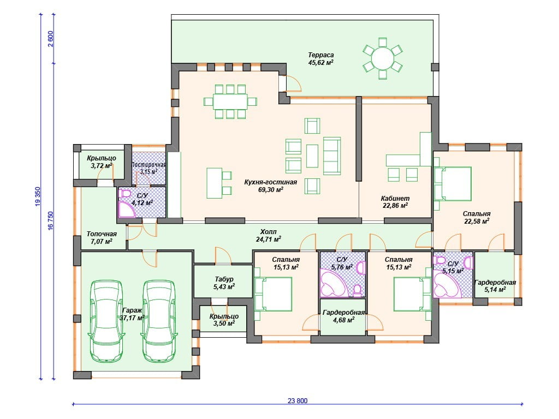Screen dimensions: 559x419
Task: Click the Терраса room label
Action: pos(321,55)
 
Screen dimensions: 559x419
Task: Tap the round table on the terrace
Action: pos(383,58)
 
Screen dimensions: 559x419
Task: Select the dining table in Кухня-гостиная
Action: pos(230,101)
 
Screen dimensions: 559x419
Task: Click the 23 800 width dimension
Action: pos(298,401)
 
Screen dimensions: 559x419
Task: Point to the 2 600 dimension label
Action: pos(50,39)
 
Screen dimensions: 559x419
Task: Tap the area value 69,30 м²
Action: pos(271,189)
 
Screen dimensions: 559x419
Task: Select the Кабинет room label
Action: pos(395,198)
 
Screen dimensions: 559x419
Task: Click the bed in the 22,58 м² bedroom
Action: pos(453,184)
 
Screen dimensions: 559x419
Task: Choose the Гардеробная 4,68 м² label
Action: pos(343,316)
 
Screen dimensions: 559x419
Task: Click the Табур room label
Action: pos(224,279)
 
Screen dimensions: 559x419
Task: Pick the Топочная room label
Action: pos(102,234)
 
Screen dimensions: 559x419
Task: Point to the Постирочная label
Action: pos(148,165)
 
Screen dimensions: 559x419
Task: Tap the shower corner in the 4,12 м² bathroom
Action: pos(127,209)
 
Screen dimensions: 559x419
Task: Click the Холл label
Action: pos(268,231)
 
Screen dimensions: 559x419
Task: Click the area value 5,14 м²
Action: pos(495,290)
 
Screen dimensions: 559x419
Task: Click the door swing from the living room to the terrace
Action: pos(294,83)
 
